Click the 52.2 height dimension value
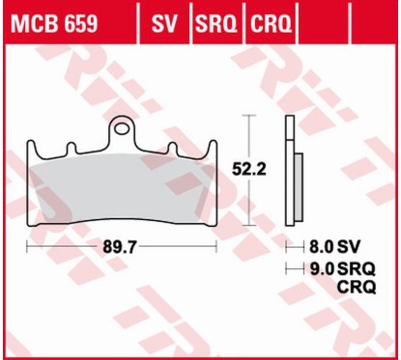click(x=249, y=169)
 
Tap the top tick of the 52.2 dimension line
click(x=249, y=115)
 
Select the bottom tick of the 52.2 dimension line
click(x=249, y=224)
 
